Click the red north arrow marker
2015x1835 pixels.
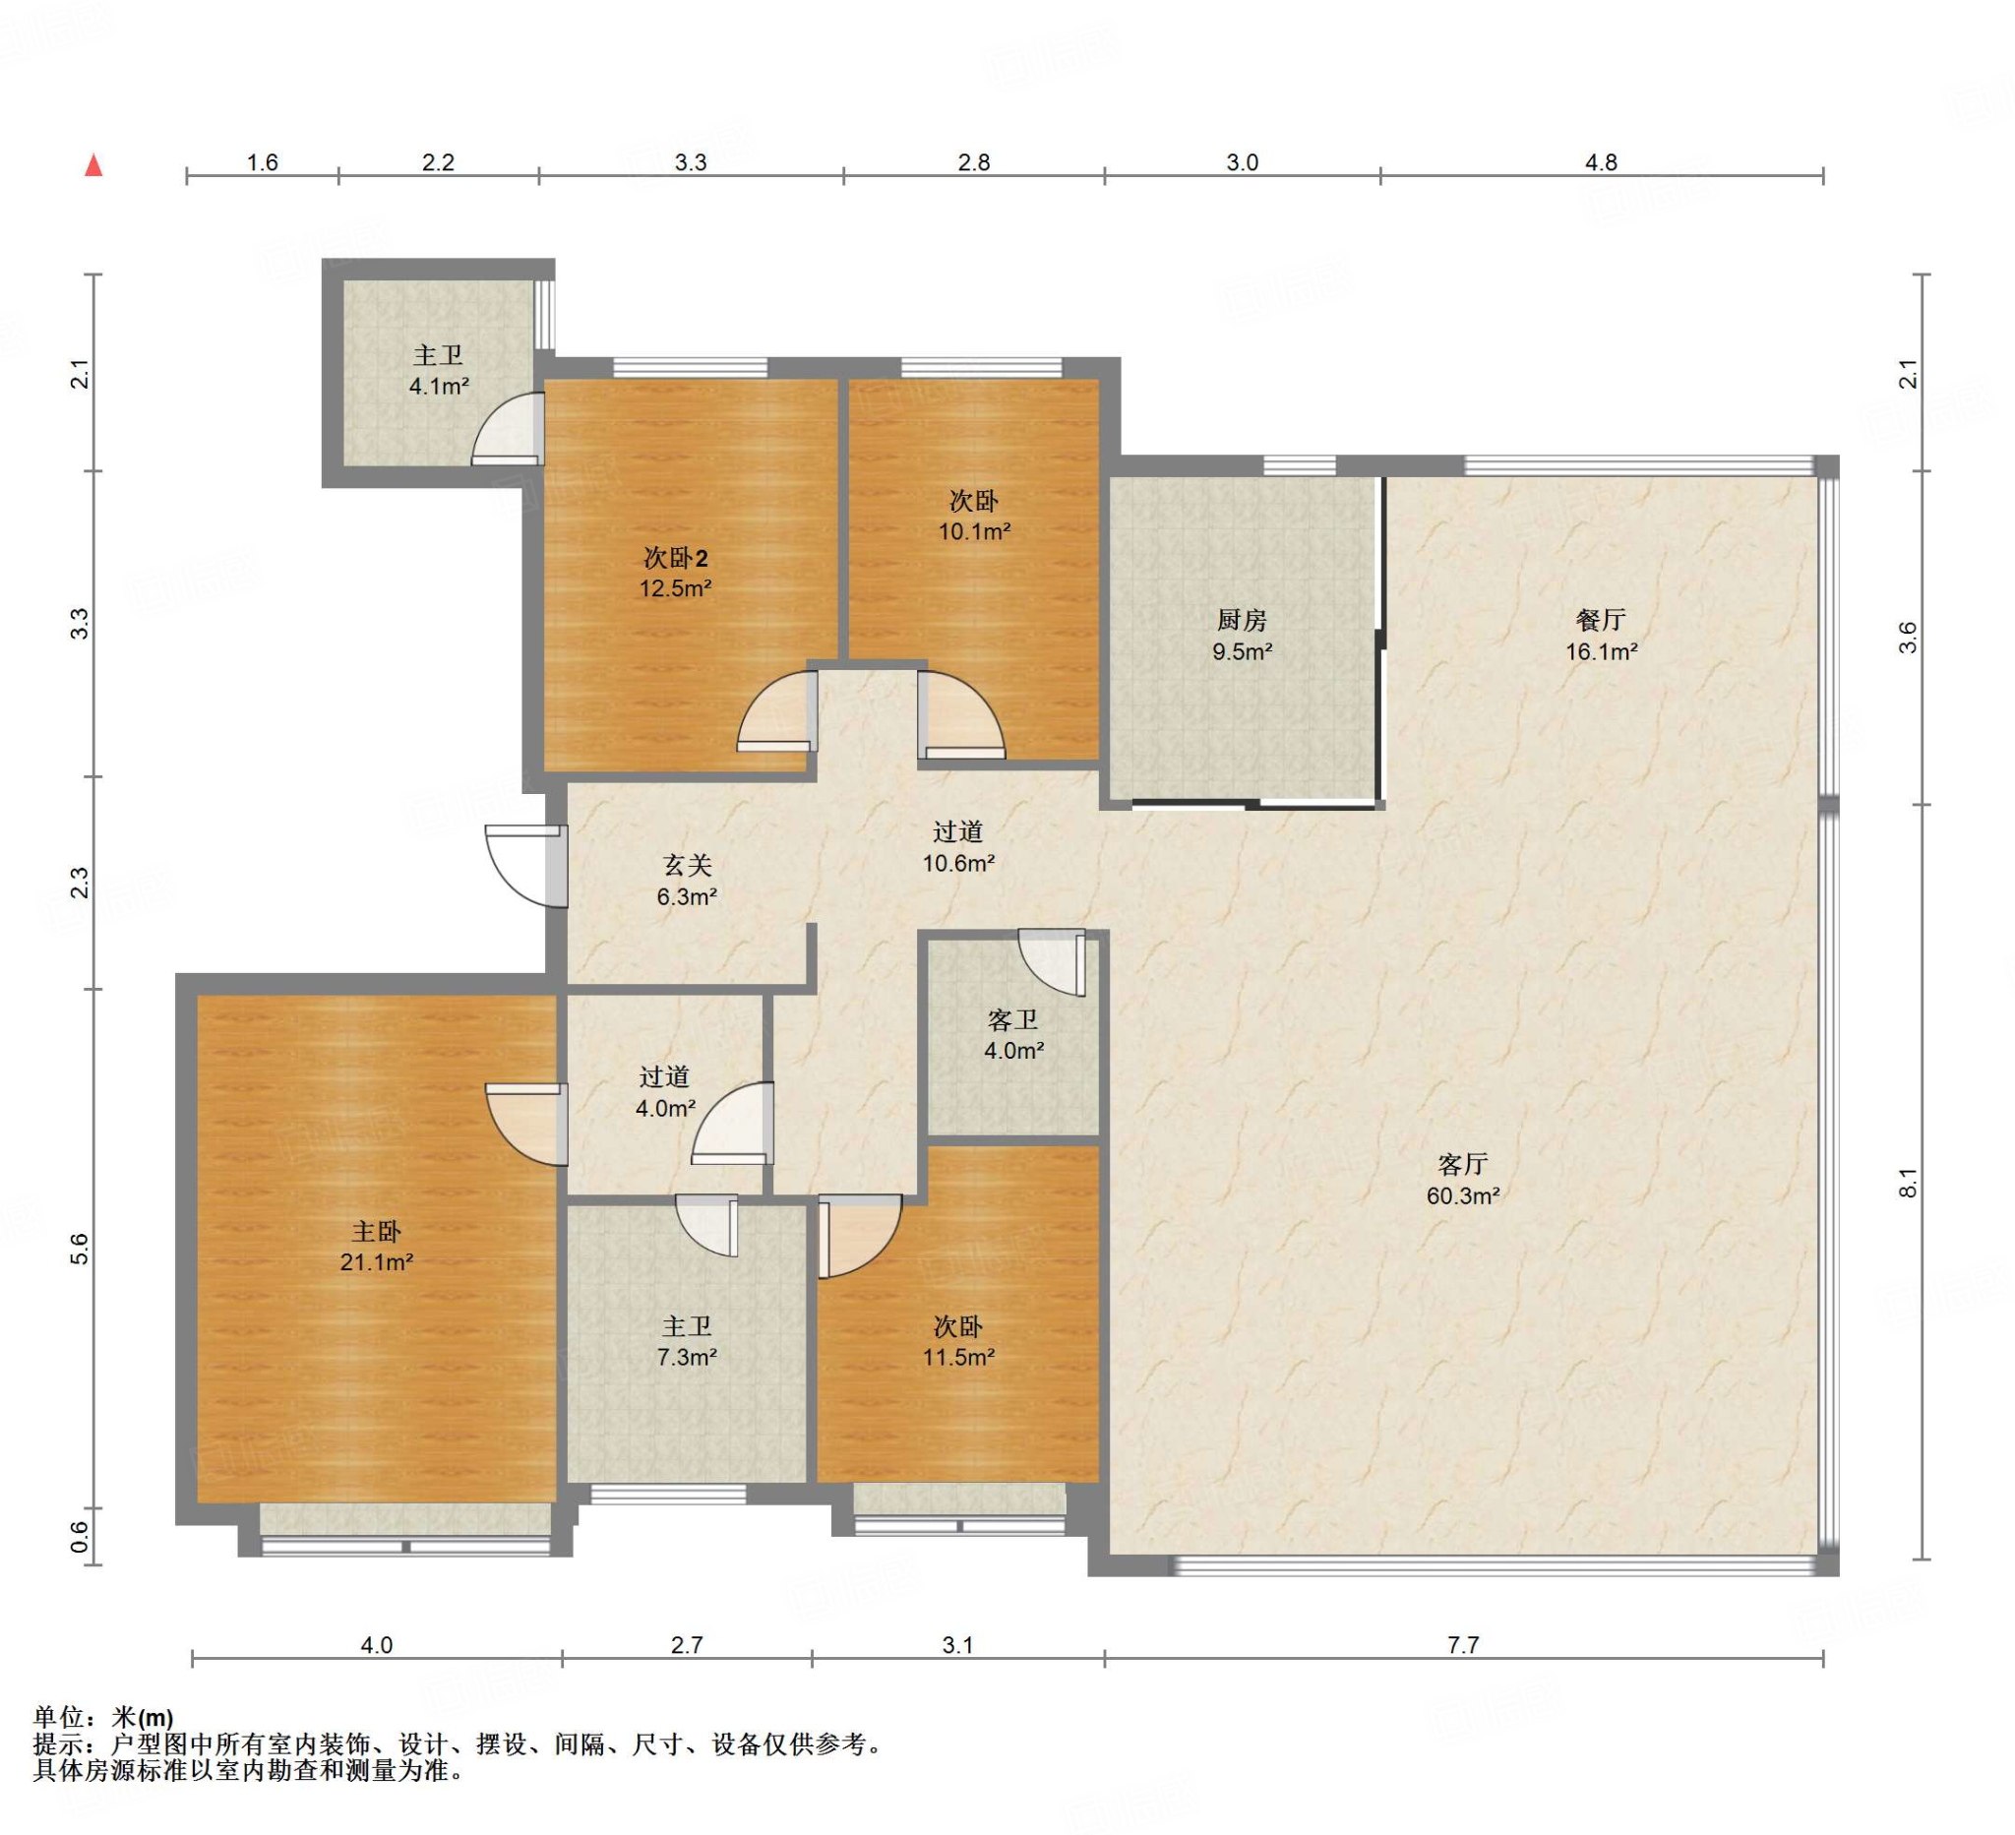93,165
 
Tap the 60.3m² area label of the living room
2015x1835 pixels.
1463,1195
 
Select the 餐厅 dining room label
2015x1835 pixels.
1601,621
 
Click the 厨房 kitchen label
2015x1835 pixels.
1243,621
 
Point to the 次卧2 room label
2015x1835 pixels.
676,558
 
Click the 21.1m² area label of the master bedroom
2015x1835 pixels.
377,1262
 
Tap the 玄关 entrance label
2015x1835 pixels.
687,866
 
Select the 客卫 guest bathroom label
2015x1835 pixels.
1013,1020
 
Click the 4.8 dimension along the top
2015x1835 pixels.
1601,162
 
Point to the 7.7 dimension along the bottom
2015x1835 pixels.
1463,1644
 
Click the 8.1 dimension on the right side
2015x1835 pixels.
1908,1183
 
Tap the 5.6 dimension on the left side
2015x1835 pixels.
80,1249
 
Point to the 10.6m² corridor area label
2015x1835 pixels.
958,864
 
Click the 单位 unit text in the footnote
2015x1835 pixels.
59,1717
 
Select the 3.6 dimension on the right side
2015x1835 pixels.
1908,638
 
